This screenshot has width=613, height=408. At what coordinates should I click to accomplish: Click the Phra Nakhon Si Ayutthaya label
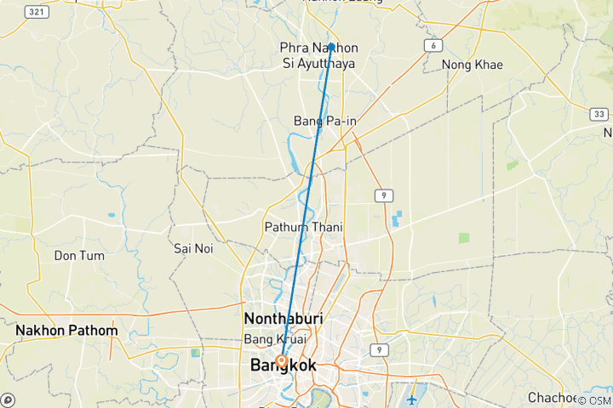tap(319, 55)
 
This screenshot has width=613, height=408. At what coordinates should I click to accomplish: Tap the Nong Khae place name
tap(472, 65)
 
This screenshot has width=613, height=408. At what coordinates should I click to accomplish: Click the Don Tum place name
tap(78, 255)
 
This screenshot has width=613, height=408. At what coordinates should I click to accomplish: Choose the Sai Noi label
tap(193, 248)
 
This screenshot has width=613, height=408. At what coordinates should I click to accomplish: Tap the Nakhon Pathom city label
tap(66, 330)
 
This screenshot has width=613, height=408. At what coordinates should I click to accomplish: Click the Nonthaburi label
tap(284, 318)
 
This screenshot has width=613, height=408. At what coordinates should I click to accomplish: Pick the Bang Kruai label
tap(274, 339)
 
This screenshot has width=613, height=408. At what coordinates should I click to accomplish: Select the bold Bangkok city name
tap(284, 365)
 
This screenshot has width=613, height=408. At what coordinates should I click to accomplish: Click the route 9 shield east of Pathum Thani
tap(386, 196)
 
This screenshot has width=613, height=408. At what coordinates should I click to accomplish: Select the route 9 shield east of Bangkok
tap(377, 349)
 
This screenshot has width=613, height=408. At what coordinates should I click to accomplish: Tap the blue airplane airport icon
tap(412, 399)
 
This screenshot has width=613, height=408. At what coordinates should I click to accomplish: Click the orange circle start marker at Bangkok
tap(280, 360)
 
